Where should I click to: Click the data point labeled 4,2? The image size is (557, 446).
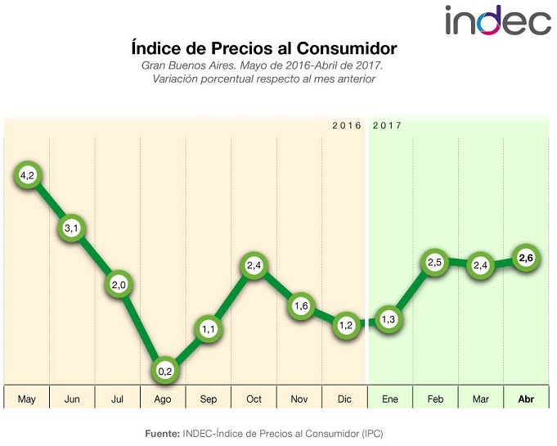pyautogui.click(x=27, y=175)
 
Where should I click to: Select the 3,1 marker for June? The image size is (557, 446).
pyautogui.click(x=72, y=228)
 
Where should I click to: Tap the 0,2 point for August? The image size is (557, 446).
pyautogui.click(x=164, y=370)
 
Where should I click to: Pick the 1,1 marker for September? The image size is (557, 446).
pyautogui.click(x=209, y=328)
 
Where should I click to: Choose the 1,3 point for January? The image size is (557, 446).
pyautogui.click(x=390, y=319)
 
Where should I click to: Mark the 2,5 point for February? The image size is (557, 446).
pyautogui.click(x=435, y=263)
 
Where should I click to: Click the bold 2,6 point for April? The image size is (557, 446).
pyautogui.click(x=526, y=259)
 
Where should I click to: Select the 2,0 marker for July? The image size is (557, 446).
pyautogui.click(x=118, y=284)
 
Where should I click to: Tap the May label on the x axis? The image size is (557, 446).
pyautogui.click(x=27, y=399)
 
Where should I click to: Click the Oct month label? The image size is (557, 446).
pyautogui.click(x=254, y=399)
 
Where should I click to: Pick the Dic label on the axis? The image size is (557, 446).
pyautogui.click(x=344, y=399)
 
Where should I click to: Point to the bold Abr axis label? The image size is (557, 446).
pyautogui.click(x=526, y=399)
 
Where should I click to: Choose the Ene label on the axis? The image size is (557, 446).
pyautogui.click(x=390, y=399)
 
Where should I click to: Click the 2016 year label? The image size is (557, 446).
pyautogui.click(x=347, y=126)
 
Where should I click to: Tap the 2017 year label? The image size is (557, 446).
pyautogui.click(x=387, y=126)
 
